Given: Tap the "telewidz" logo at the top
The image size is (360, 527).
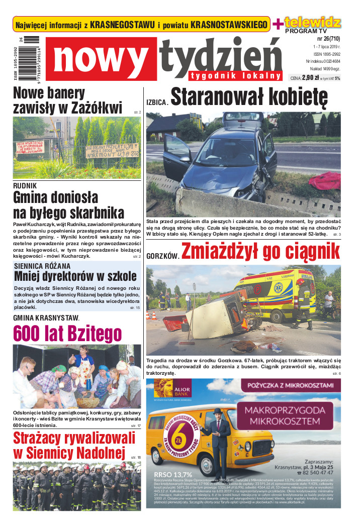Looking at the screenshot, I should [x=312, y=22].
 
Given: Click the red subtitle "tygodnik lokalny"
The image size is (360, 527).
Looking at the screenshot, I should [x=235, y=76].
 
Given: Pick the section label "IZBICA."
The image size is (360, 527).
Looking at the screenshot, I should [x=157, y=102].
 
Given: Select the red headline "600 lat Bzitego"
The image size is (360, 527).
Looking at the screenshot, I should [x=67, y=333].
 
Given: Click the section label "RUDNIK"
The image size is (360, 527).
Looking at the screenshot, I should [x=26, y=185].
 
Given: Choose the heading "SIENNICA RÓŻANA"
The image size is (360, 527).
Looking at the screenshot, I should [x=42, y=266].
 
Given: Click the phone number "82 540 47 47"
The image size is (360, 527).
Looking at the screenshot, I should [x=318, y=472].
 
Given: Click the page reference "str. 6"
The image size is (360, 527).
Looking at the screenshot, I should [x=336, y=374].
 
